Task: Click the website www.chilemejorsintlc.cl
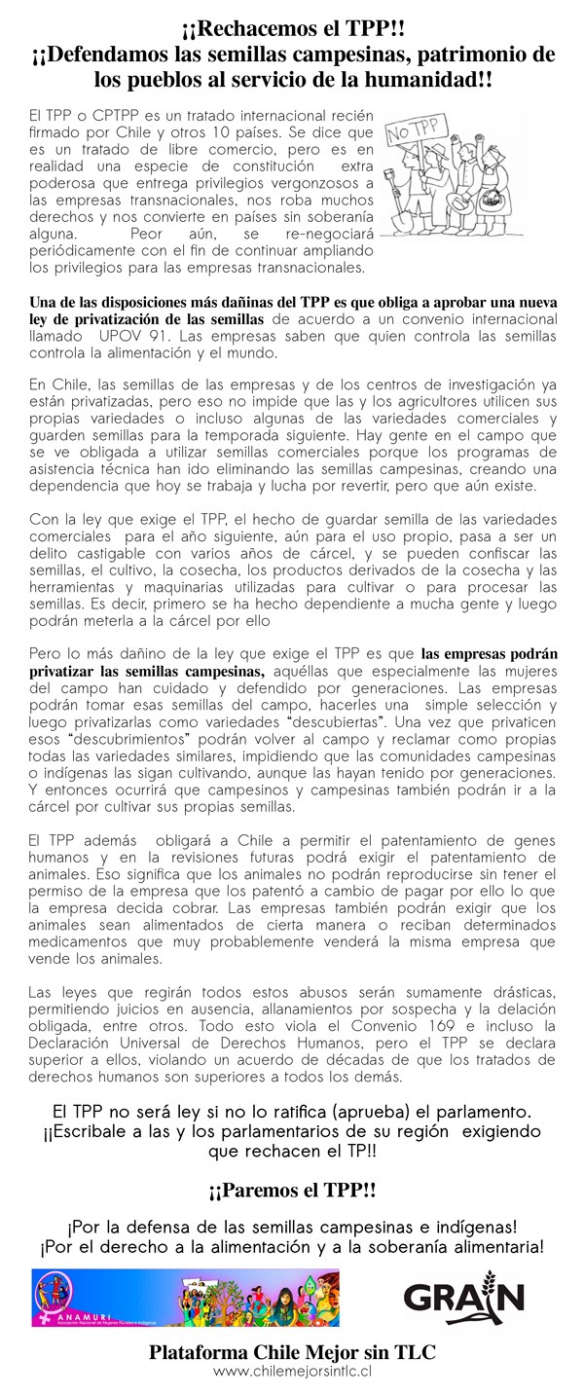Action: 292,1371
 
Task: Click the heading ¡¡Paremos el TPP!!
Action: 292,1190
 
